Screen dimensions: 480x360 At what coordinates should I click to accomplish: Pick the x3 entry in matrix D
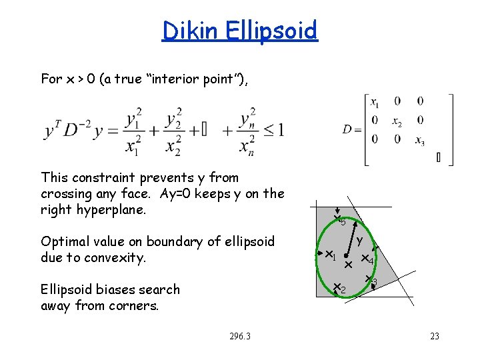[x=419, y=140]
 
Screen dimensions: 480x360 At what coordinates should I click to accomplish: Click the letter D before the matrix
[x=348, y=129]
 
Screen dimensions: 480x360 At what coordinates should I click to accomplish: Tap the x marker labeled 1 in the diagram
[x=329, y=254]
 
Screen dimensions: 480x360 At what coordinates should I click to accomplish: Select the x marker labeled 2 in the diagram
[x=337, y=287]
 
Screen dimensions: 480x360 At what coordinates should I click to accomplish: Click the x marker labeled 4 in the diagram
[x=365, y=258]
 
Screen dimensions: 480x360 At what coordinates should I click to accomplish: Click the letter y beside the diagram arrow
[x=359, y=240]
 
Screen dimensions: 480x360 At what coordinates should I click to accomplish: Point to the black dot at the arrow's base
[x=347, y=256]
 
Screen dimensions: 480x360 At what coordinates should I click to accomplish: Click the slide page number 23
[x=435, y=337]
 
